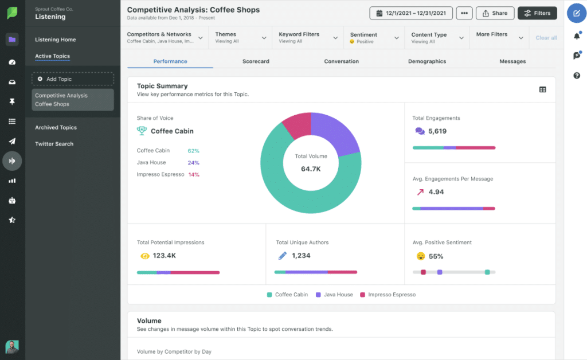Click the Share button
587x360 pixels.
(x=494, y=13)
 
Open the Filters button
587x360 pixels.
(x=537, y=13)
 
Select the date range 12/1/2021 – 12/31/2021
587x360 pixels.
(x=411, y=13)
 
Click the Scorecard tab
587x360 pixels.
(x=256, y=61)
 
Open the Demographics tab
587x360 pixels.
(x=426, y=61)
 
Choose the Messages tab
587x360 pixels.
(x=512, y=61)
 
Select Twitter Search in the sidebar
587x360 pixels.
(x=54, y=144)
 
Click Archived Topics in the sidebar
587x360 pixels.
(x=56, y=128)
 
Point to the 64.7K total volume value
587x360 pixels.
(x=311, y=169)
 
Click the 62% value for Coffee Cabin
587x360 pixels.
(x=193, y=151)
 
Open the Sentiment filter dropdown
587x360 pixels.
(x=375, y=38)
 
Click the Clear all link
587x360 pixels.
(x=546, y=38)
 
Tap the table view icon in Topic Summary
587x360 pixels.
(x=542, y=89)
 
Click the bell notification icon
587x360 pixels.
(x=577, y=36)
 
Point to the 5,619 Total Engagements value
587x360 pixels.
(x=437, y=131)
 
